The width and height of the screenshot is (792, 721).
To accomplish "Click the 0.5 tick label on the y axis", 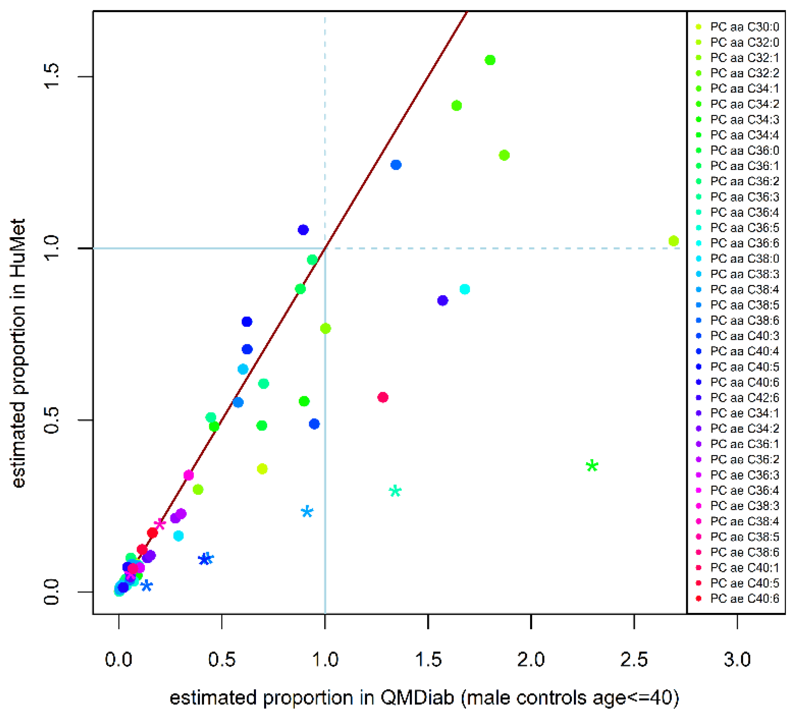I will tap(51, 420).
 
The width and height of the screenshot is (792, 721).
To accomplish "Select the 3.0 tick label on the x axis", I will tap(737, 660).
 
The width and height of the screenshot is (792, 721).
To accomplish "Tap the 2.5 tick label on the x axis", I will tap(634, 660).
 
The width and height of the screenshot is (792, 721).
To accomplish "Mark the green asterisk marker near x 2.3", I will tap(592, 466).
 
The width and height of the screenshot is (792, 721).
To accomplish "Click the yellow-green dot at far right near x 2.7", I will tap(673, 241).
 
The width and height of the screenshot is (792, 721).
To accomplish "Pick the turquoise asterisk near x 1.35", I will tap(395, 491).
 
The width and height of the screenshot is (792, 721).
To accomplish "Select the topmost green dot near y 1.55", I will tap(490, 60).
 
